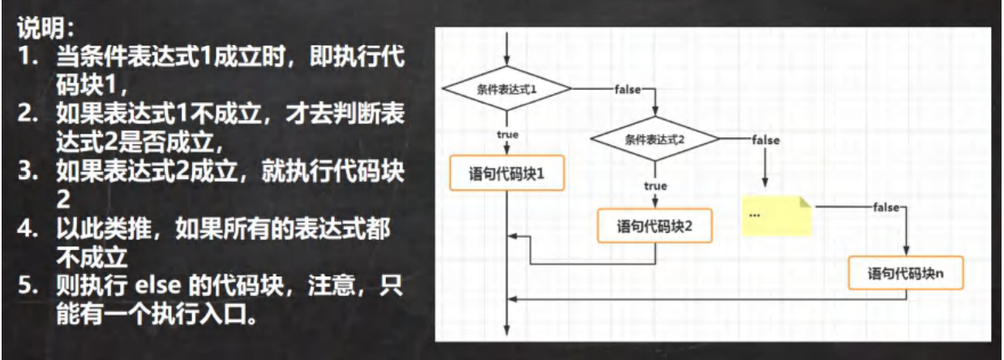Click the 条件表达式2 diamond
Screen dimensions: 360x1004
[x=654, y=139]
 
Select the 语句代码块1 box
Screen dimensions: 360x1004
[x=506, y=174]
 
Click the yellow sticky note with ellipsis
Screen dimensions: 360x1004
[x=776, y=215]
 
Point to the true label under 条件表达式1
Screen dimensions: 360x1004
[x=508, y=134]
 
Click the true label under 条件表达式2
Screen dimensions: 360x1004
[x=655, y=186]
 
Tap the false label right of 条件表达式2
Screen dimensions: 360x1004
[x=766, y=139]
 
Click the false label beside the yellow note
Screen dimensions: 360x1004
[x=885, y=208]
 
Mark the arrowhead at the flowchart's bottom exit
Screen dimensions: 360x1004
[x=506, y=330]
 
